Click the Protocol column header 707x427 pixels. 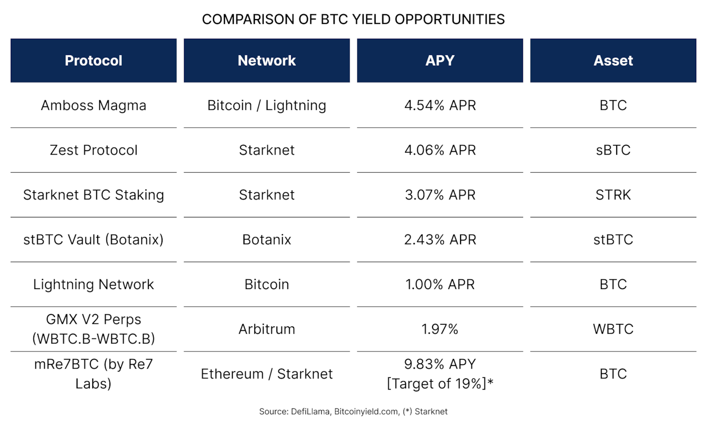point(93,60)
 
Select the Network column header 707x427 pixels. point(267,60)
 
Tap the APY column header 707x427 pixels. point(440,60)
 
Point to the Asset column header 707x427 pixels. point(613,60)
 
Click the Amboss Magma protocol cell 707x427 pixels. point(93,106)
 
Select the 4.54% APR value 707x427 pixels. point(440,106)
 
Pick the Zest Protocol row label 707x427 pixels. point(93,150)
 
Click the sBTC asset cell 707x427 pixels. point(613,150)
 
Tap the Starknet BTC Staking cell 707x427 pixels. point(93,195)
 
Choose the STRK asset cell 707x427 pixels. point(613,195)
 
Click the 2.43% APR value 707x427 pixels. point(440,240)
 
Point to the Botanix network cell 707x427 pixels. point(267,240)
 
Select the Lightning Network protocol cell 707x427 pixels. point(93,285)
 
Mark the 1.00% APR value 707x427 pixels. point(440,285)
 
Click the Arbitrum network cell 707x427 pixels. point(267,329)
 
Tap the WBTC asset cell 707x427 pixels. point(613,329)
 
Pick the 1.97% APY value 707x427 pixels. point(440,329)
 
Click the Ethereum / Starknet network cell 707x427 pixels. point(267,374)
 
